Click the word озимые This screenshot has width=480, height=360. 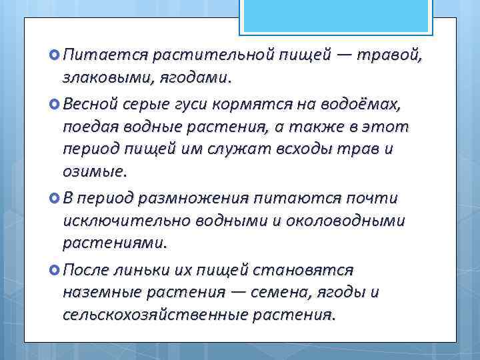(x=93, y=173)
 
